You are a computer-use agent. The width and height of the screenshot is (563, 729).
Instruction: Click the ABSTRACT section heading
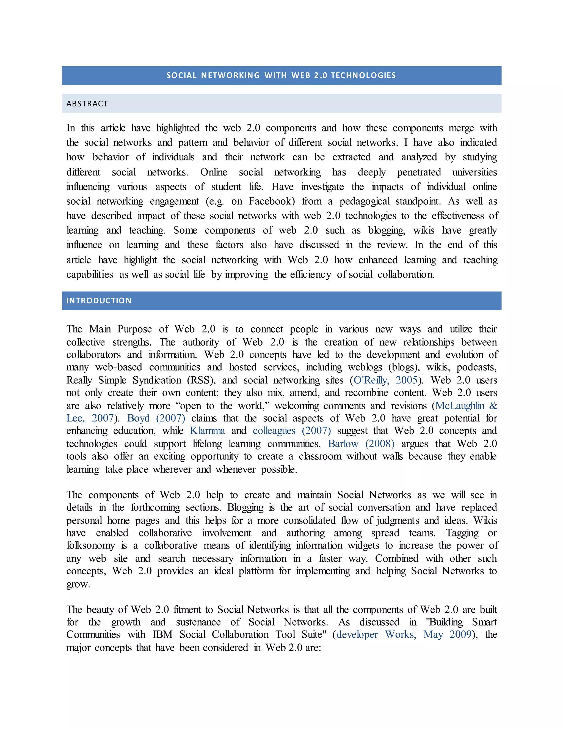[x=87, y=104]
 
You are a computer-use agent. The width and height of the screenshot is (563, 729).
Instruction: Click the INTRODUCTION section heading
[x=99, y=300]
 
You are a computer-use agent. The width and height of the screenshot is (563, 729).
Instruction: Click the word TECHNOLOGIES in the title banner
[x=363, y=75]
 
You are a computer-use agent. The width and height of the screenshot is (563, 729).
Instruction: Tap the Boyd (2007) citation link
[x=156, y=418]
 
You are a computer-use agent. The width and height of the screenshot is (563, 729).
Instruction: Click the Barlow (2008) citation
[x=361, y=444]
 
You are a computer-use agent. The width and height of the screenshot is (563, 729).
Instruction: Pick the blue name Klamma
[x=208, y=431]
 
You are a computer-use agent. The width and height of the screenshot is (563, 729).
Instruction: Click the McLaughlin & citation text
[x=466, y=406]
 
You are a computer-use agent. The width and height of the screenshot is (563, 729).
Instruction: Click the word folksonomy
[x=90, y=546]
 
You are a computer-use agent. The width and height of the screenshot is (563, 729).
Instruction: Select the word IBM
[x=162, y=635]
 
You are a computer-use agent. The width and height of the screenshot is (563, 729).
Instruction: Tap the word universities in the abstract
[x=474, y=172]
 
